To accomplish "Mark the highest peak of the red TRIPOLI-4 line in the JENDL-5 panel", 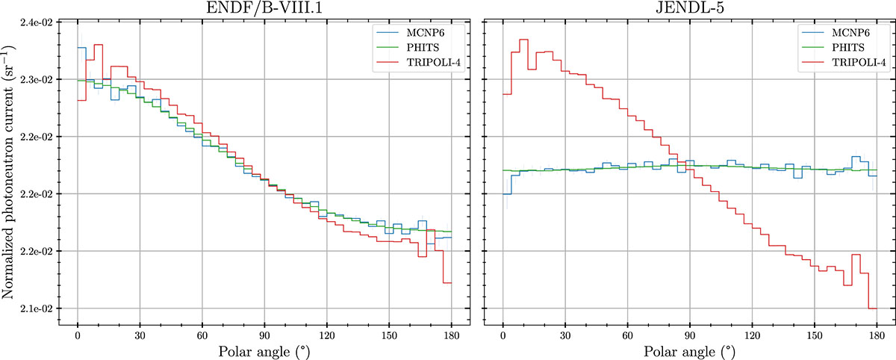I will (x=523, y=40).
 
